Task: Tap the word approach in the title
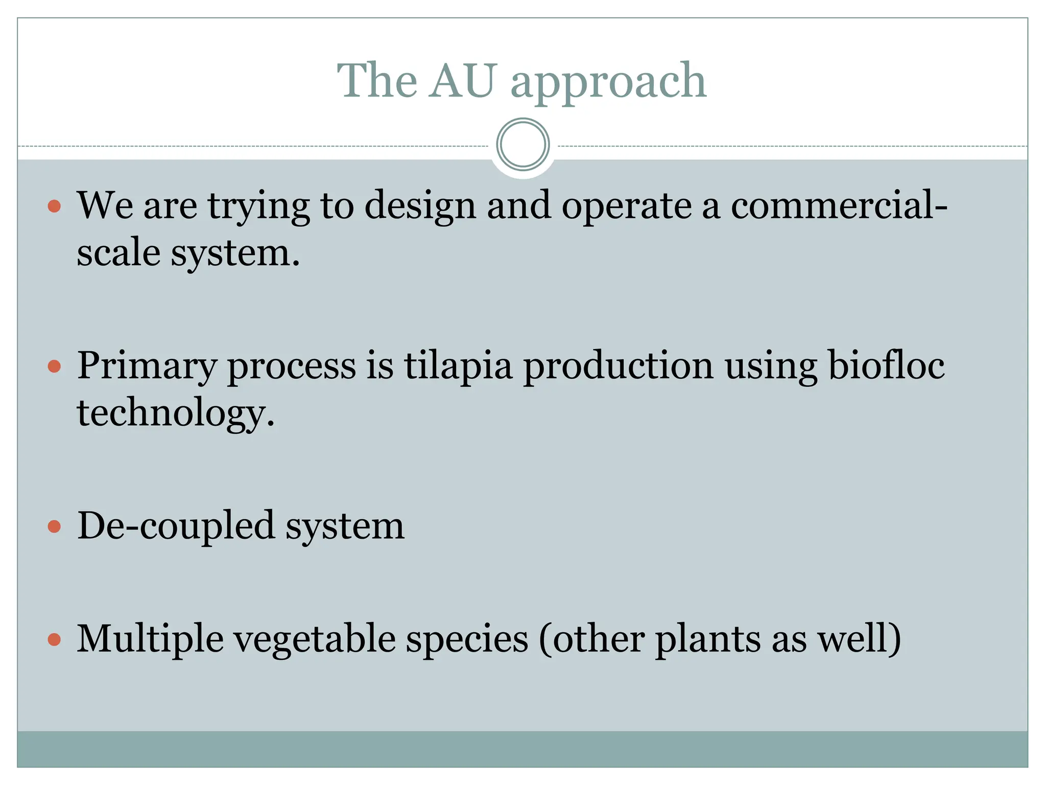pyautogui.click(x=608, y=82)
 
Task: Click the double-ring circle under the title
pyautogui.click(x=522, y=145)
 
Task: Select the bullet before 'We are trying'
pyautogui.click(x=54, y=206)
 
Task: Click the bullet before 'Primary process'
pyautogui.click(x=54, y=366)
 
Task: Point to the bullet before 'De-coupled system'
pyautogui.click(x=54, y=527)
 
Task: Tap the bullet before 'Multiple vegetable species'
pyautogui.click(x=54, y=639)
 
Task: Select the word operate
pyautogui.click(x=626, y=206)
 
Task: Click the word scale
pyautogui.click(x=118, y=253)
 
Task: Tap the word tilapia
pyautogui.click(x=458, y=366)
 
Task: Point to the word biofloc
pyautogui.click(x=886, y=365)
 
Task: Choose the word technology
pyautogui.click(x=175, y=413)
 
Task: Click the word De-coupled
pyautogui.click(x=176, y=527)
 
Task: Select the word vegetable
pyautogui.click(x=314, y=640)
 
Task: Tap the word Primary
pyautogui.click(x=147, y=366)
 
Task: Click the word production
pyautogui.click(x=618, y=366)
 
